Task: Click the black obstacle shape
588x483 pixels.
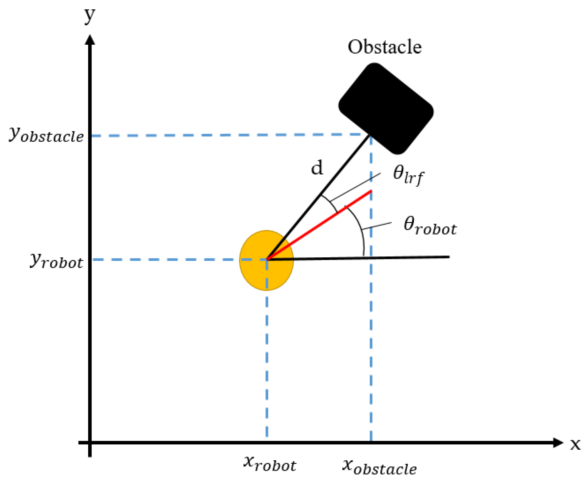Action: coord(386,108)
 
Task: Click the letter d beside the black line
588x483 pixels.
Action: coord(317,168)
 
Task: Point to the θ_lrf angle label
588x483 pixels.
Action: coord(408,175)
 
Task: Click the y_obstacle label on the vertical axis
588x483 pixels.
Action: coord(46,135)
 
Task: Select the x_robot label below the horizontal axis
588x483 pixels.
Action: coord(270,464)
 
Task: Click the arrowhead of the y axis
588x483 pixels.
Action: coord(90,40)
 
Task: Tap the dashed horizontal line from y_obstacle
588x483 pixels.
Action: coord(223,136)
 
